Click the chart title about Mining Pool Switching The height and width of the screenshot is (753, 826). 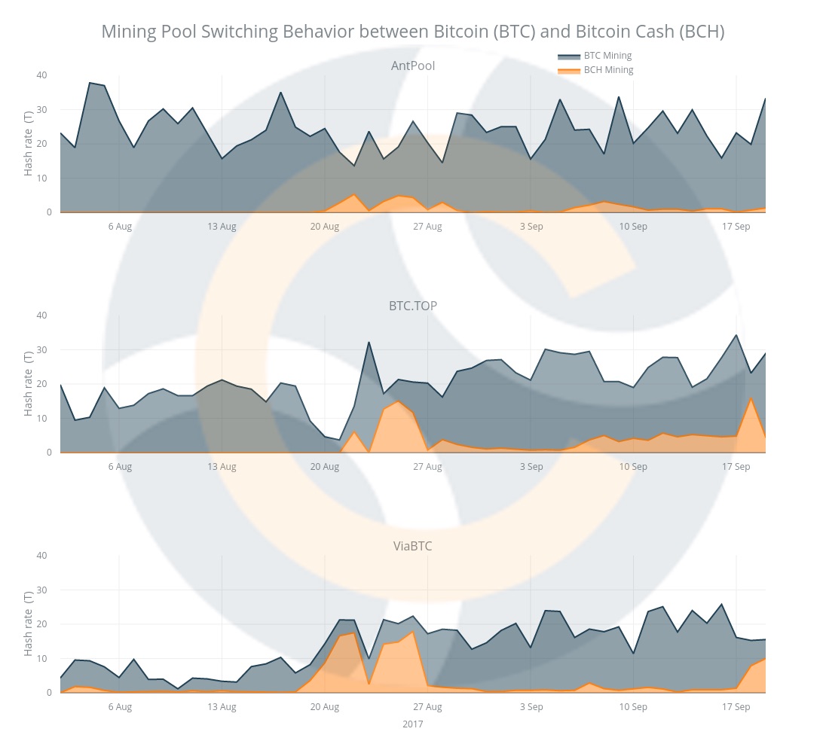pos(412,32)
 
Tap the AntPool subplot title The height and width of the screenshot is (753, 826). pos(412,66)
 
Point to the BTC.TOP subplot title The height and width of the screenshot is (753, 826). pos(412,306)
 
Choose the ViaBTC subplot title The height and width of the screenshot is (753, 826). pos(412,546)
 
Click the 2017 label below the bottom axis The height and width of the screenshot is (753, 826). pos(412,724)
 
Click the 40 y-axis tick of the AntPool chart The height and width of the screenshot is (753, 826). pos(41,75)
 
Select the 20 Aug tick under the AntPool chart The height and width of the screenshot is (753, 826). pos(325,227)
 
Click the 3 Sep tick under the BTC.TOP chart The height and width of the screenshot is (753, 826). pos(531,467)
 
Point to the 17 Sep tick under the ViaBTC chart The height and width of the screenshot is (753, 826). pos(736,707)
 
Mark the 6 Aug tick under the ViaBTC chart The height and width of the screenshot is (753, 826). pos(120,707)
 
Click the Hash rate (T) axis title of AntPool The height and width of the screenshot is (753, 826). pos(29,144)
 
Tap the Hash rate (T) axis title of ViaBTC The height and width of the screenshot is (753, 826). pos(29,624)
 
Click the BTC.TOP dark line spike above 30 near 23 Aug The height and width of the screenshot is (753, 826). pos(369,343)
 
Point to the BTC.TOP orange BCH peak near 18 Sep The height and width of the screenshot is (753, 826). pos(751,398)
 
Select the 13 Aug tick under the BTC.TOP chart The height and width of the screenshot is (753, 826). pos(222,467)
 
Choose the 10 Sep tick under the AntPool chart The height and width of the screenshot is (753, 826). pos(633,227)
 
